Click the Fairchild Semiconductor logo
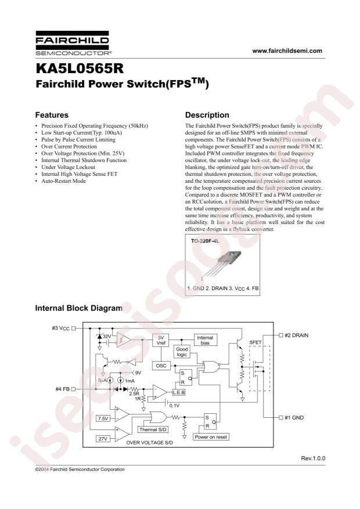click(x=73, y=43)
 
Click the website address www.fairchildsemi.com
click(x=287, y=50)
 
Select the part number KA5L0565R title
click(x=80, y=68)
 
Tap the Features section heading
click(x=52, y=115)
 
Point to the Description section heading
click(x=207, y=115)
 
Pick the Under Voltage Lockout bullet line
click(x=65, y=167)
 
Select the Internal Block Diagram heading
click(x=79, y=308)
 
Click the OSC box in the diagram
click(x=161, y=366)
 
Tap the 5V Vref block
click(x=161, y=340)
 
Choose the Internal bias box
click(x=205, y=340)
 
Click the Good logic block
click(x=182, y=352)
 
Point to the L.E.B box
click(x=178, y=392)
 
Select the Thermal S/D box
click(x=153, y=429)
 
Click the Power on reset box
click(x=211, y=437)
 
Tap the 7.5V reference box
click(x=103, y=419)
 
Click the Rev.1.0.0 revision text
click(x=313, y=459)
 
